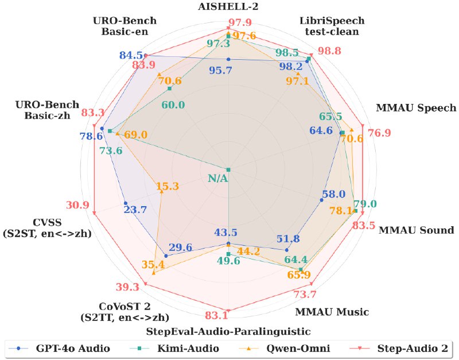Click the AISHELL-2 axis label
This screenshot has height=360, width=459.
point(228,6)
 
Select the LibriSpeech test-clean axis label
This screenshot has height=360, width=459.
point(332,26)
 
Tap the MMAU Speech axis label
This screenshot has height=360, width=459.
point(416,108)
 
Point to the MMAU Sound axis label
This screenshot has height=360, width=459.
point(417,230)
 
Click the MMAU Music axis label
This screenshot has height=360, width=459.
point(332,312)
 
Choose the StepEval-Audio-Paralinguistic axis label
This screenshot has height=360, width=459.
point(228,331)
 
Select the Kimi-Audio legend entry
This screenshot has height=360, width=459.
point(175,349)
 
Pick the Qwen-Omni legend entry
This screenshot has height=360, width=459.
point(285,349)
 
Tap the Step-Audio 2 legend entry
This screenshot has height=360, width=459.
point(399,349)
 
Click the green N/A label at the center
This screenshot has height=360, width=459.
point(218,178)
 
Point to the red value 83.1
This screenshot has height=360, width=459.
point(217,315)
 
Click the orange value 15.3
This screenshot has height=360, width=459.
point(167,186)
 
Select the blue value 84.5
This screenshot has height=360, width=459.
point(131,55)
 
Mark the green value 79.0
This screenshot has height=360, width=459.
point(365,204)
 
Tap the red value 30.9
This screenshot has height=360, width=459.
point(77,205)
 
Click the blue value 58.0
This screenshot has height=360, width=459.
point(334,194)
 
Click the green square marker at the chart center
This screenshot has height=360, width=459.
point(228,169)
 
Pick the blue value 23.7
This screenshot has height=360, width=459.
point(135,210)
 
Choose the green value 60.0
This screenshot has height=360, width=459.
point(173,105)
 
